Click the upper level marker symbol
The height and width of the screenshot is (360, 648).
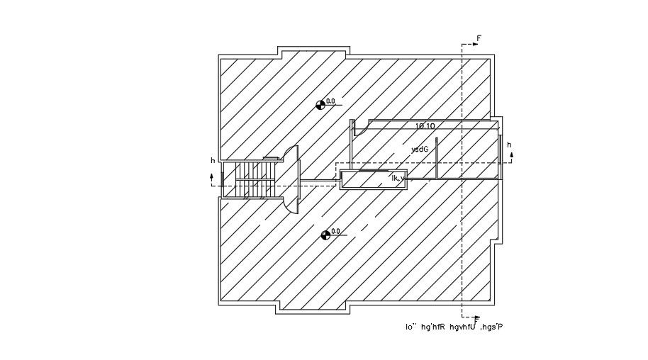click(x=320, y=105)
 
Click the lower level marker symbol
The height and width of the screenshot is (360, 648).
click(x=325, y=235)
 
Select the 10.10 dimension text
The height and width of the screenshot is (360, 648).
click(x=425, y=126)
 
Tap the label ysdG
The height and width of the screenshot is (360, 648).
click(x=420, y=150)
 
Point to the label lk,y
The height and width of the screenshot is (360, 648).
click(x=398, y=179)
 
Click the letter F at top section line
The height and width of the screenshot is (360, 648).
click(x=479, y=38)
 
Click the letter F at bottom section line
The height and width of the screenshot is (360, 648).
click(x=476, y=320)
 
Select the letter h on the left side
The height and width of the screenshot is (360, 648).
click(x=212, y=161)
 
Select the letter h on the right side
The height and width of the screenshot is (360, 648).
click(x=509, y=145)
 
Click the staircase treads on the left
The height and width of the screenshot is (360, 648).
click(x=255, y=180)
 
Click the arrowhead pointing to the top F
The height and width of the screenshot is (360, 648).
click(x=474, y=44)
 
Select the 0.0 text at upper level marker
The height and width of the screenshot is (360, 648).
click(x=330, y=101)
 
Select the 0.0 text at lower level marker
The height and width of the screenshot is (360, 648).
click(x=335, y=231)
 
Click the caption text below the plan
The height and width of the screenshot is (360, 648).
click(x=454, y=327)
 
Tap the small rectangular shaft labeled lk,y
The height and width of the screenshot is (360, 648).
click(x=374, y=179)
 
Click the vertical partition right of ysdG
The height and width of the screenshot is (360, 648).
click(x=437, y=158)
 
